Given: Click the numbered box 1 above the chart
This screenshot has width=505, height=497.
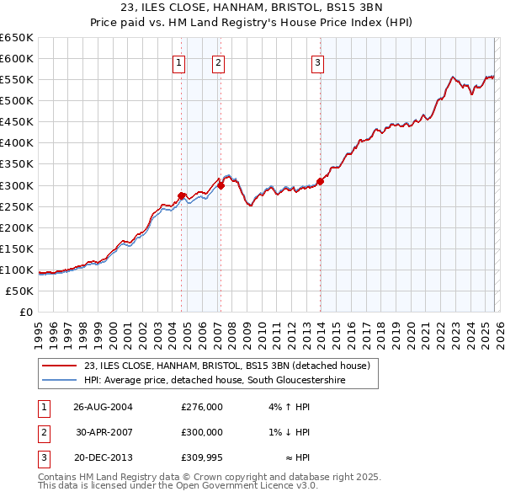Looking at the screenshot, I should click(x=179, y=61).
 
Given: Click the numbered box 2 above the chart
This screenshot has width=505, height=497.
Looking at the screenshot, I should click(x=218, y=61).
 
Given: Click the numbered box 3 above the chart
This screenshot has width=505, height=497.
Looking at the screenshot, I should click(x=318, y=61).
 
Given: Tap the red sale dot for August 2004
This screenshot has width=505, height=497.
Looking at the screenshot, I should click(x=182, y=195).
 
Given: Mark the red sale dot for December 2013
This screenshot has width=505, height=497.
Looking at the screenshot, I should click(x=320, y=181).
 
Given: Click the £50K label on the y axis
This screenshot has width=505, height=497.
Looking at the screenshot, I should click(x=20, y=291).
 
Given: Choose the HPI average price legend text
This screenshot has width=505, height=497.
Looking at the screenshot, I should click(x=215, y=381).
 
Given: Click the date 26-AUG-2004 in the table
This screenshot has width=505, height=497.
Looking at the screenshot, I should click(x=104, y=407).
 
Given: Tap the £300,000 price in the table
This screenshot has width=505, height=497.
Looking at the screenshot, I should click(x=202, y=432).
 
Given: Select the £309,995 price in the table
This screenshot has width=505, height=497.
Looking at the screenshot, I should click(x=202, y=457).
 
